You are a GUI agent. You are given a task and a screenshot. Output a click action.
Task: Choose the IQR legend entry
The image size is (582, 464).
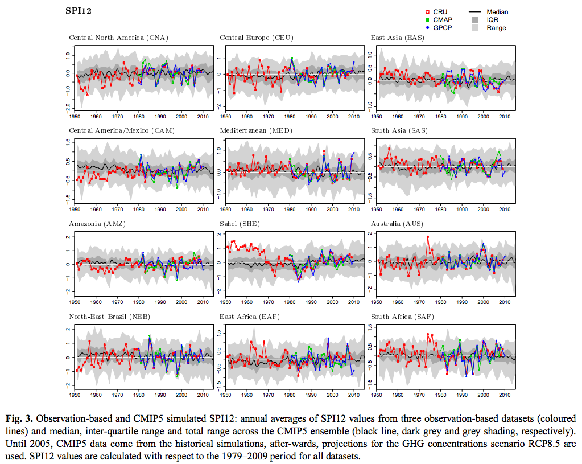point(493,20)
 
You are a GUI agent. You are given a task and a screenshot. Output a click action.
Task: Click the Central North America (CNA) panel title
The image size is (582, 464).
point(118,38)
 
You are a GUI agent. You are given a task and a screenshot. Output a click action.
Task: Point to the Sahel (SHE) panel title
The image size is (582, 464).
point(240,224)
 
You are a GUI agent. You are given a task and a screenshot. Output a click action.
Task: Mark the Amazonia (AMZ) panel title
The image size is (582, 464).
point(97,224)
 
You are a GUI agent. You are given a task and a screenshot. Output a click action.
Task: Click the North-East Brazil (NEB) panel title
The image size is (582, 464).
point(110,317)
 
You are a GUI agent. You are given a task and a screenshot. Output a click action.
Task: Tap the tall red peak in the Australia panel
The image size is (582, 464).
point(427,237)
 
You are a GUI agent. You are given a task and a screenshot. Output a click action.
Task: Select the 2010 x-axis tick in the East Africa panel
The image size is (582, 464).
point(353,395)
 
